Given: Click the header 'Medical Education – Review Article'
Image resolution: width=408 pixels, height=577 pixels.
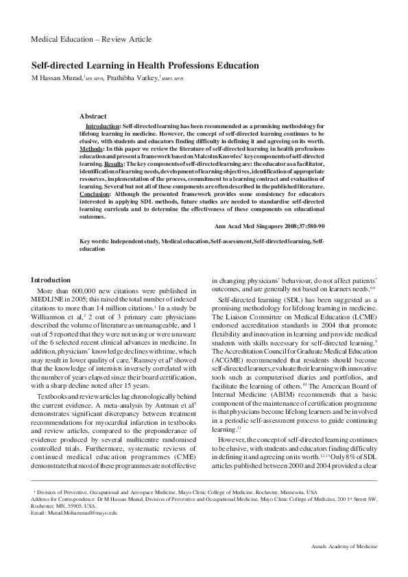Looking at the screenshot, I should tap(91, 39).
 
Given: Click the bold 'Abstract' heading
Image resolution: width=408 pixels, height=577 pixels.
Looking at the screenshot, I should tap(93, 116).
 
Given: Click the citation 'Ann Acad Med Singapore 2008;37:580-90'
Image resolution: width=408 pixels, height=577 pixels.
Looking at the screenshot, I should tap(269, 225).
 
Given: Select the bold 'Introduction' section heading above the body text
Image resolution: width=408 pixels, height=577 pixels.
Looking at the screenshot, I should tap(51, 280).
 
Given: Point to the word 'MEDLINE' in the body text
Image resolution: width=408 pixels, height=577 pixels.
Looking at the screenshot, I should tap(47, 300).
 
